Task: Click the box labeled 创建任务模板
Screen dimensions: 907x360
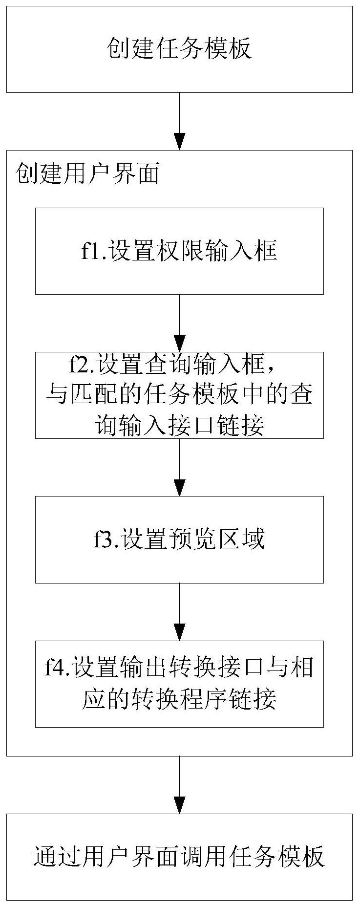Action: coord(179,49)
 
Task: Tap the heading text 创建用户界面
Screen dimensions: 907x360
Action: coord(88,173)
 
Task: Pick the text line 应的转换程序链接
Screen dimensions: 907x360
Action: coord(179,699)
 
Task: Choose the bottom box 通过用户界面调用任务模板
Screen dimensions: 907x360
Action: coord(179,857)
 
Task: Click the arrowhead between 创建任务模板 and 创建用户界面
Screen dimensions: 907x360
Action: coord(180,142)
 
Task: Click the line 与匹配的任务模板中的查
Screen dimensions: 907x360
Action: coord(179,394)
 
